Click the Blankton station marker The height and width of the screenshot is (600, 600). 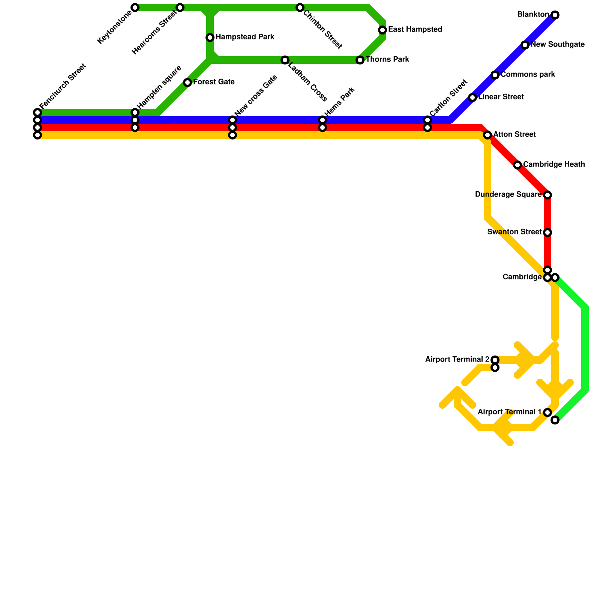click(x=555, y=15)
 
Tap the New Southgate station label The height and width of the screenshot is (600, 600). click(x=558, y=45)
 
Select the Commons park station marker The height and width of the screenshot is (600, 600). click(x=495, y=75)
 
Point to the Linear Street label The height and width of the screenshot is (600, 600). click(x=501, y=97)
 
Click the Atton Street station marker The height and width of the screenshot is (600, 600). click(x=487, y=135)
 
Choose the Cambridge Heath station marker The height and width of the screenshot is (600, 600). click(x=517, y=165)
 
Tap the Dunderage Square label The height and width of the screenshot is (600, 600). click(x=508, y=195)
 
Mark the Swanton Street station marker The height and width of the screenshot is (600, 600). click(x=547, y=232)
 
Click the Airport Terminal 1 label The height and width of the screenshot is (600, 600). click(x=509, y=412)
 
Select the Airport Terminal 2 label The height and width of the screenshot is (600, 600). click(x=457, y=360)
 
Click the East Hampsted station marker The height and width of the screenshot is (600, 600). click(x=382, y=30)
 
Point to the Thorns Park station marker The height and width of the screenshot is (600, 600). click(x=360, y=60)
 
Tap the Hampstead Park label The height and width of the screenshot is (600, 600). click(x=245, y=37)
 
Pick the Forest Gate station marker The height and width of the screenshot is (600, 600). click(x=187, y=82)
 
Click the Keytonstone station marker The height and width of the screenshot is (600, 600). click(x=135, y=7)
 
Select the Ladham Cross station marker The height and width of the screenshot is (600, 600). click(x=285, y=60)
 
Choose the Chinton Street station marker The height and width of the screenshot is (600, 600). click(x=300, y=7)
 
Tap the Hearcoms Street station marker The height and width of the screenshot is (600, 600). click(x=180, y=7)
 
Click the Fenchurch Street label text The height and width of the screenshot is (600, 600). click(x=63, y=86)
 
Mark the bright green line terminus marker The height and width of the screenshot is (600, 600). click(x=555, y=420)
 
